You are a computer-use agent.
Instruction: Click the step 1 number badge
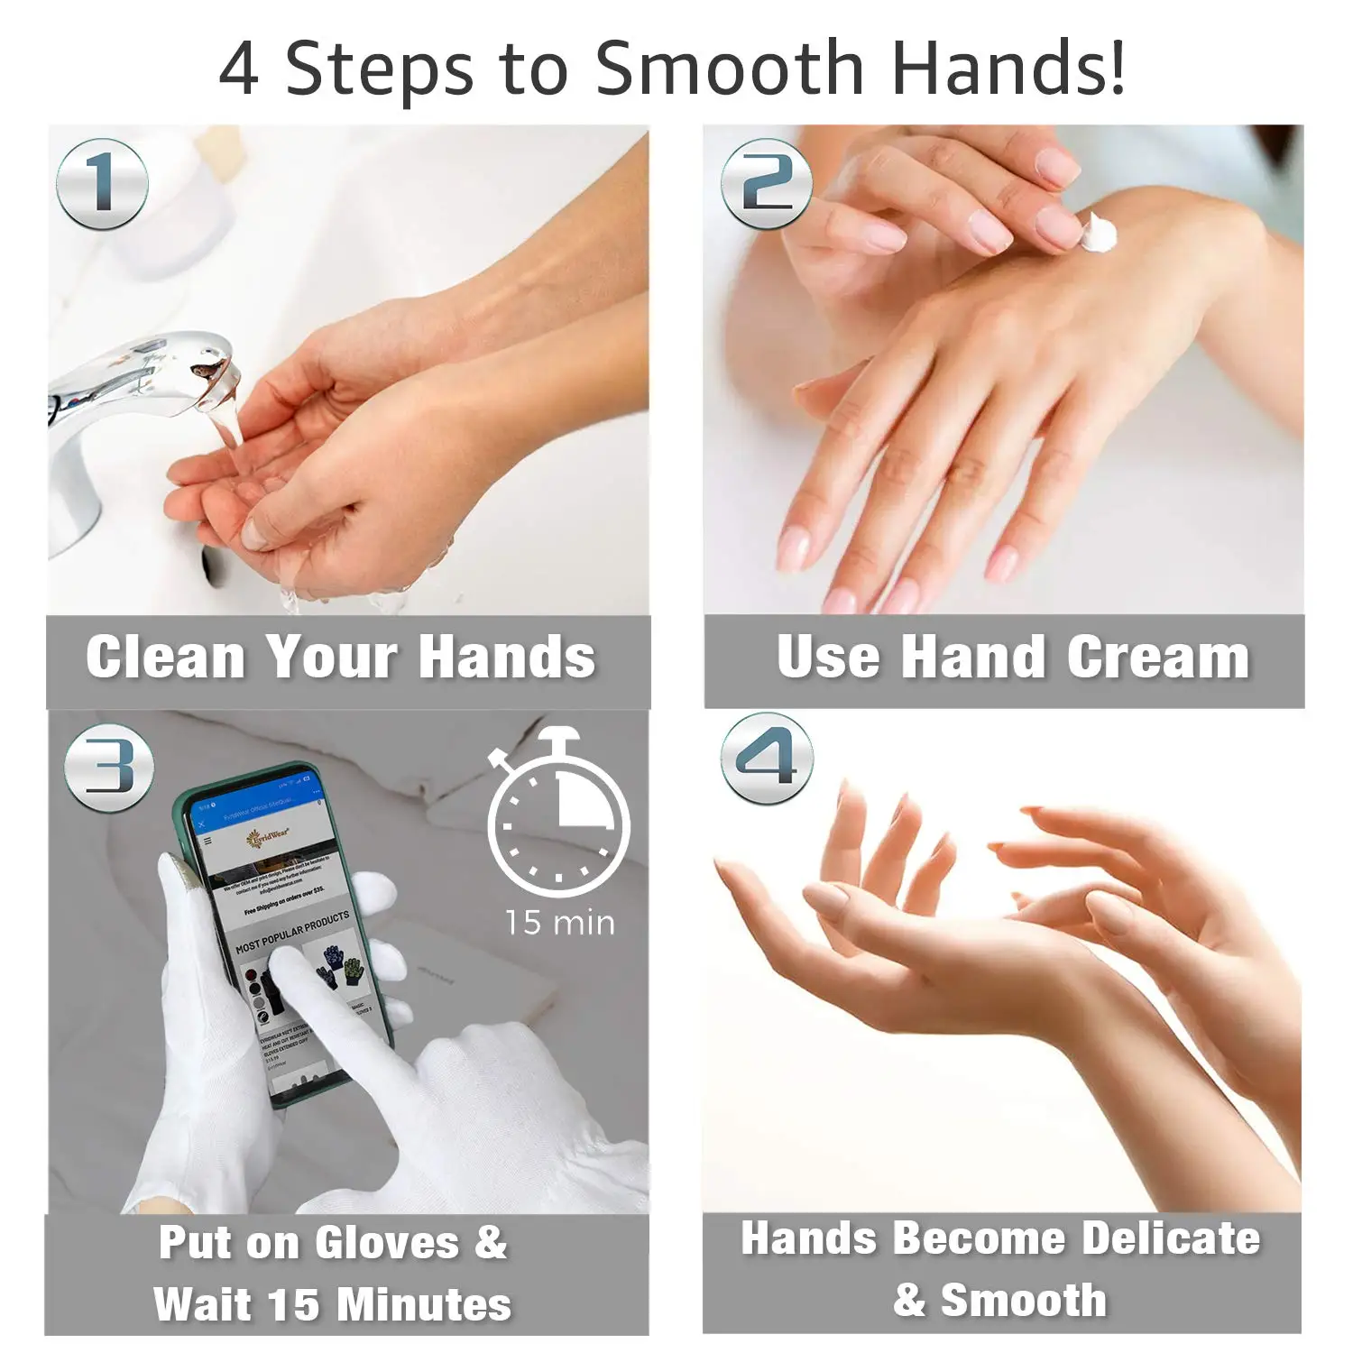[x=102, y=184]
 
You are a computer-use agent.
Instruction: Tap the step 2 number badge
[x=766, y=184]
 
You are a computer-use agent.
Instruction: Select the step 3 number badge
[x=109, y=769]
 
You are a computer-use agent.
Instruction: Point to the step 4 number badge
[x=766, y=759]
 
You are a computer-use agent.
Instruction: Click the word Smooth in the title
[x=730, y=69]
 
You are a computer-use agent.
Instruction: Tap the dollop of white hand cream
[x=1099, y=233]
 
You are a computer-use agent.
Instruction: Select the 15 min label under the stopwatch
[x=559, y=923]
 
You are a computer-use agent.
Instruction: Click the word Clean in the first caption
[x=165, y=657]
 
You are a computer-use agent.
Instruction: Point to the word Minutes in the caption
[x=423, y=1304]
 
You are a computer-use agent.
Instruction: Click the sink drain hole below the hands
[x=211, y=565]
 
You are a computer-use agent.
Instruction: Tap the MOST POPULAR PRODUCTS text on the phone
[x=291, y=933]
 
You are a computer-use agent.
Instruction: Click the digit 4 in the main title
[x=239, y=69]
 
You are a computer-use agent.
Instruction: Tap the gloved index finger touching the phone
[x=298, y=979]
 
